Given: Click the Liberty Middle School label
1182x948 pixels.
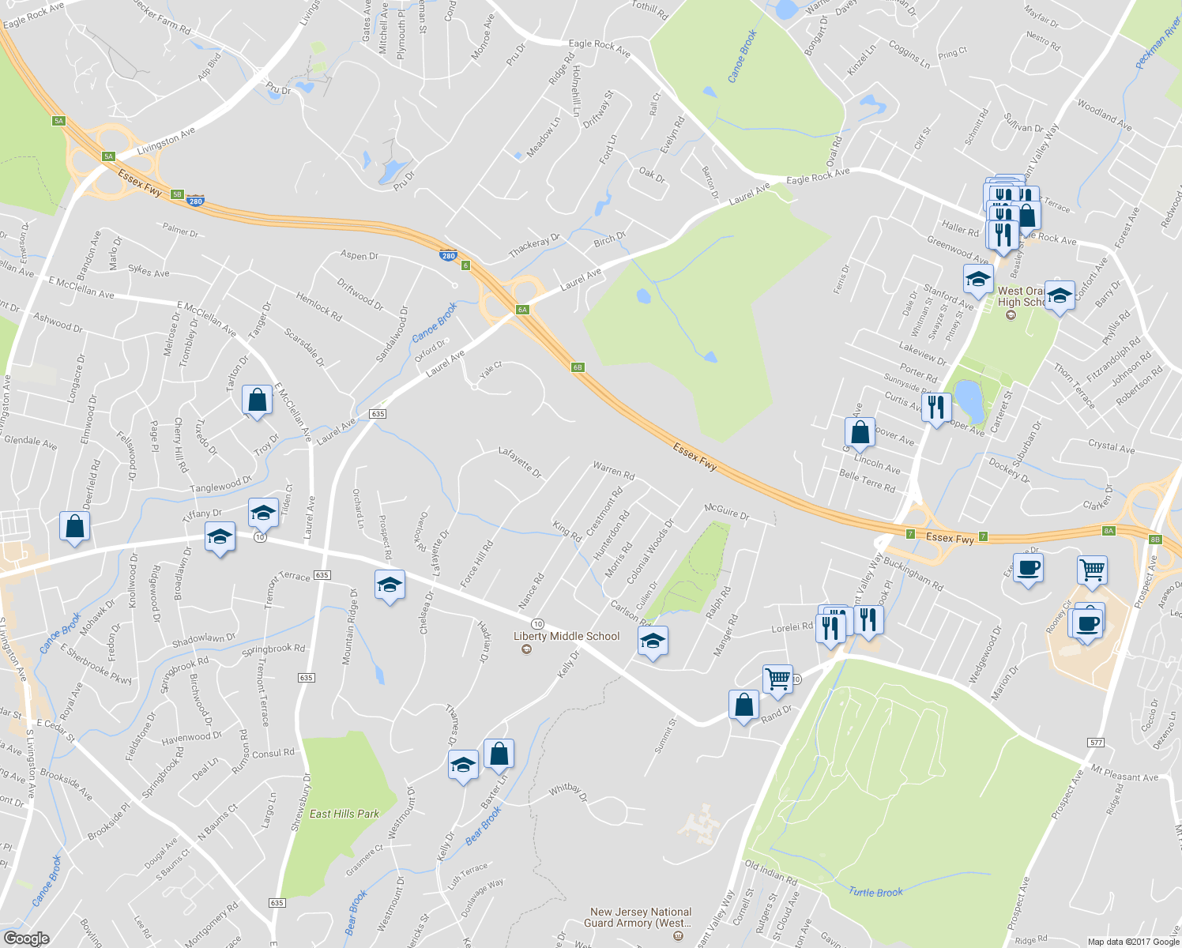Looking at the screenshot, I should tap(567, 636).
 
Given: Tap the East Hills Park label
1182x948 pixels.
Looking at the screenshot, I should tap(344, 814).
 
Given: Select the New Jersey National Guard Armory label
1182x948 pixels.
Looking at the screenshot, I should tap(641, 917).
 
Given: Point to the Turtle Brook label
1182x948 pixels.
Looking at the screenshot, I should tap(875, 892).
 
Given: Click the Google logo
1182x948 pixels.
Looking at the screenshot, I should tap(26, 939).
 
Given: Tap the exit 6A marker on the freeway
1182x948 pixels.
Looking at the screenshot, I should tap(522, 310).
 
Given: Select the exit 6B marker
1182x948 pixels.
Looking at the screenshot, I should tap(578, 367).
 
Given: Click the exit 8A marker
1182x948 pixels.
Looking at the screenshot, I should tap(1109, 531).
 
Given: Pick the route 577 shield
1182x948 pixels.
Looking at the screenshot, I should tap(1095, 743).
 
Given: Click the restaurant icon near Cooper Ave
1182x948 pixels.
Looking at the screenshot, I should tap(935, 408).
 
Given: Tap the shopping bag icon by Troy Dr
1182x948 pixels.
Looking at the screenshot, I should tap(258, 401).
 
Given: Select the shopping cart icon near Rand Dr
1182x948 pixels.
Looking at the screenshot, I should tap(777, 678).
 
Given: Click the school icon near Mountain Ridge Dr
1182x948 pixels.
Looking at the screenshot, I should tap(390, 586).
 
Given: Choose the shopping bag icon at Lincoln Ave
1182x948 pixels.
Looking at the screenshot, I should tap(860, 432).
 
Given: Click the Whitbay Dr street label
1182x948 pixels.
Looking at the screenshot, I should tap(569, 792).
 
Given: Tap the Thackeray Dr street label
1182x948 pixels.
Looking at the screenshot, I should tap(534, 246).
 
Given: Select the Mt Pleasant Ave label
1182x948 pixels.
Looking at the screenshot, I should tap(1124, 772).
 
